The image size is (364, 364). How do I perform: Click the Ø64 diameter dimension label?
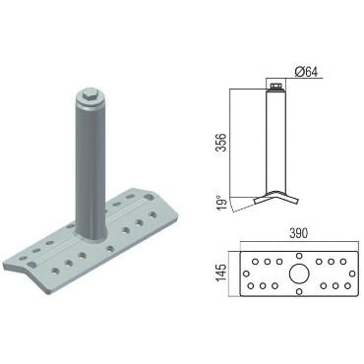click(306, 72)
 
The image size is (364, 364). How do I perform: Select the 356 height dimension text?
click(222, 143)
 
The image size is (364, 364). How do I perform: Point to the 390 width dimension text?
click(299, 233)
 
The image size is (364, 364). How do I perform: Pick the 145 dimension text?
click(222, 273)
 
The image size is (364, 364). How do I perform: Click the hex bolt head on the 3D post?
click(89, 96)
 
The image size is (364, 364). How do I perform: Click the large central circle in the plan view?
click(299, 273)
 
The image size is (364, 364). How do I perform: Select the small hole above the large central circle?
click(299, 256)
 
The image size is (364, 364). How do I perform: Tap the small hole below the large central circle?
click(299, 291)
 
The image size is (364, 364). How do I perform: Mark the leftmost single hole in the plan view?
click(246, 273)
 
